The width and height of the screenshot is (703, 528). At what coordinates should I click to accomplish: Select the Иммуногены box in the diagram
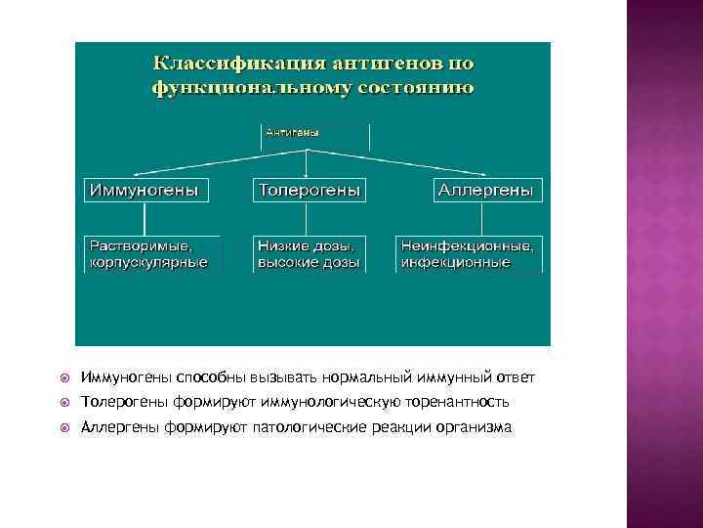(x=148, y=190)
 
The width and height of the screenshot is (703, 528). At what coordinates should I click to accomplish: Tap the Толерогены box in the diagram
(x=309, y=190)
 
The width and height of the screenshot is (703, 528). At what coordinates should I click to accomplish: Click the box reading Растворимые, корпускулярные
(x=150, y=254)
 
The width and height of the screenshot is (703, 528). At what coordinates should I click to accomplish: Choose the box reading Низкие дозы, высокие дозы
(x=309, y=254)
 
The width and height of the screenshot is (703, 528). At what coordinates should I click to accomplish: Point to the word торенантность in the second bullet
(x=459, y=403)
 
